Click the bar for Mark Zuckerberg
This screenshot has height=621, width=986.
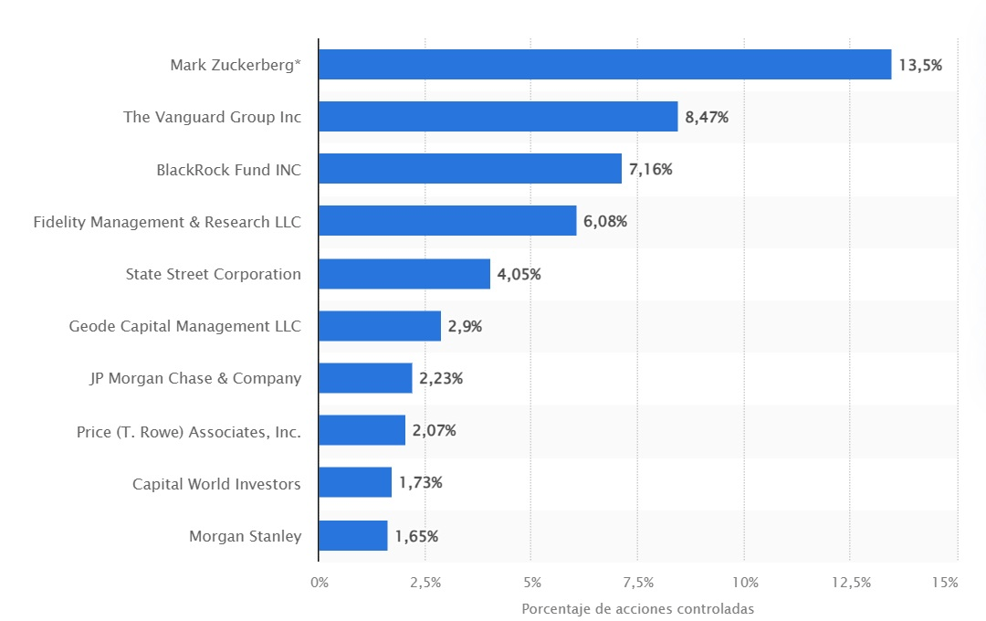[x=604, y=65]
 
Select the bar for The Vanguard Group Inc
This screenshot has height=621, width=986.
[x=498, y=117]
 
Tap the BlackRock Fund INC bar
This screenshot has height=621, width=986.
[x=470, y=169]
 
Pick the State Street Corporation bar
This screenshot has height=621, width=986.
[x=404, y=274]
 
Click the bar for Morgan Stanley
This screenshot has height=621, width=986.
[x=353, y=536]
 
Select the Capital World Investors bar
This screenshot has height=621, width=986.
[x=355, y=483]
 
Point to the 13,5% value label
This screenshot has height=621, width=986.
[x=920, y=65]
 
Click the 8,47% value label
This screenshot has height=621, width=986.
[x=707, y=117]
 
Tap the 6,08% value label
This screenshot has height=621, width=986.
[x=605, y=222]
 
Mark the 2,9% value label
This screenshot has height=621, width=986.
[x=465, y=326]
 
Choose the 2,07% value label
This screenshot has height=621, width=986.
[x=434, y=431]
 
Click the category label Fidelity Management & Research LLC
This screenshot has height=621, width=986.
[x=167, y=222]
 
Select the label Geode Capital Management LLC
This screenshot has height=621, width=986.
[x=185, y=326]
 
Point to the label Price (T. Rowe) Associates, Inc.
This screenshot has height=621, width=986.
[x=189, y=431]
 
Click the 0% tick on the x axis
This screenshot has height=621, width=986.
[x=320, y=583]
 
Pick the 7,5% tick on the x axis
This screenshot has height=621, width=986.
[x=637, y=583]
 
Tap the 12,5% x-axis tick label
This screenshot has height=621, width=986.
[x=850, y=583]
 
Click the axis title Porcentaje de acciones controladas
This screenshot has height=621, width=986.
[x=637, y=609]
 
